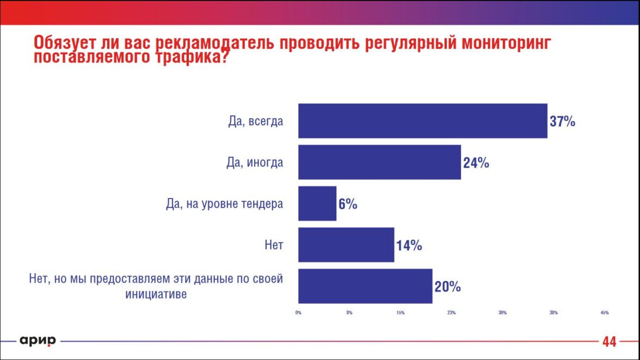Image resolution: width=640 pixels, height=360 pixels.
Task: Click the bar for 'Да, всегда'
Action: coord(422,121)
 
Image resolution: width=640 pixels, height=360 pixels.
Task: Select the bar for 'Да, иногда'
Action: coord(379,162)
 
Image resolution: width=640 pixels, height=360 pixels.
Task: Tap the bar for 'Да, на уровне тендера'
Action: coord(317,204)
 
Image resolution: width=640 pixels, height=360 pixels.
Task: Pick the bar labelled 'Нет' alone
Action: coord(346,245)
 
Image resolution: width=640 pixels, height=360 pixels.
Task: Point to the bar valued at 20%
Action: coord(365,286)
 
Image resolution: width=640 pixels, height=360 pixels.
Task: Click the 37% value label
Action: coord(562,121)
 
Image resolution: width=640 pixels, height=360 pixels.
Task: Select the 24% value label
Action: coord(476,163)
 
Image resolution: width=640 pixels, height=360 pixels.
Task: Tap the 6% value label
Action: coord(348,204)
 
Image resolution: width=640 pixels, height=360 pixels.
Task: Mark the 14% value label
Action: coord(409,245)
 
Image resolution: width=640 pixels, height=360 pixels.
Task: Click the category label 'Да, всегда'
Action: coord(256,121)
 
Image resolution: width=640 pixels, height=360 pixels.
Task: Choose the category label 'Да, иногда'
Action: coord(255,163)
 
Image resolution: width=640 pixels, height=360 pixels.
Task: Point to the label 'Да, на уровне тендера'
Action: coord(225,204)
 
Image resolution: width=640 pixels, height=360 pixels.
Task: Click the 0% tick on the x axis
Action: coord(298,313)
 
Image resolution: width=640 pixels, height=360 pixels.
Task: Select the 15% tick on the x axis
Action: coord(400,313)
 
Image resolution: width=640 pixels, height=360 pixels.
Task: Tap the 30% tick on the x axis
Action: coord(502,313)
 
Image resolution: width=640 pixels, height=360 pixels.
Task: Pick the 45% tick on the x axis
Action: coord(604,313)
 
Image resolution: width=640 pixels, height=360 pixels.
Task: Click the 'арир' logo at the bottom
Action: coord(38,341)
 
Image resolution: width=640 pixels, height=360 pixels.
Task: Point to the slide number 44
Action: coord(609,342)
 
